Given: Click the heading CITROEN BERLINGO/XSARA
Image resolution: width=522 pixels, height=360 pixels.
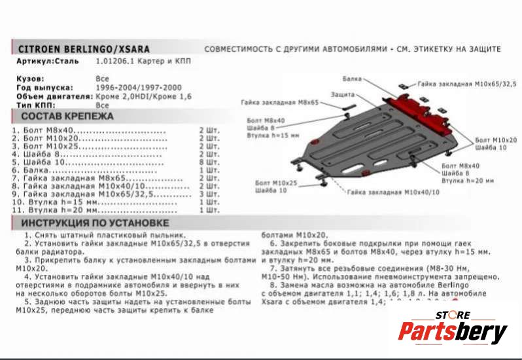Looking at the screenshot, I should (x=83, y=50).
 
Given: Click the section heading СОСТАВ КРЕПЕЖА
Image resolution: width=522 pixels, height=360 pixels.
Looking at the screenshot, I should (x=63, y=117).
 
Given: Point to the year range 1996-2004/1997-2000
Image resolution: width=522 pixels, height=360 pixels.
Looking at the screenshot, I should (x=139, y=88).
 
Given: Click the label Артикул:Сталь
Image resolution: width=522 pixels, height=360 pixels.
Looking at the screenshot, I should (x=47, y=62).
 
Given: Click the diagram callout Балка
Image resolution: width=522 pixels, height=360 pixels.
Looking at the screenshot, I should (x=352, y=79).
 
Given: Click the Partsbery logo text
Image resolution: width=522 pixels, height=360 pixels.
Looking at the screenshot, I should (x=453, y=333).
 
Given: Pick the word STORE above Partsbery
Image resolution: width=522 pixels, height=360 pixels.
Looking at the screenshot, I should (x=453, y=315).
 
